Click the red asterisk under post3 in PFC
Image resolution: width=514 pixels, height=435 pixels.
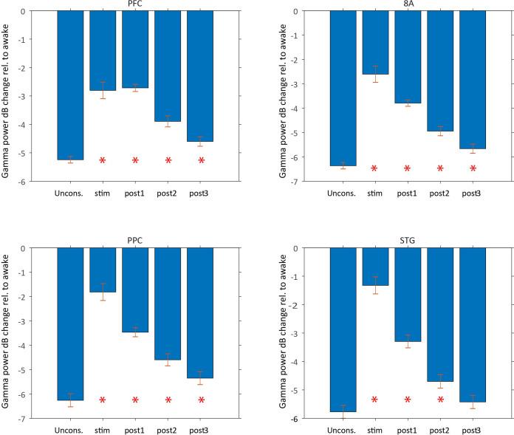[200, 160]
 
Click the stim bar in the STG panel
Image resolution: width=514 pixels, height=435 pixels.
[375, 267]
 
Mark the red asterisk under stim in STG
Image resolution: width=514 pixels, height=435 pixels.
[375, 400]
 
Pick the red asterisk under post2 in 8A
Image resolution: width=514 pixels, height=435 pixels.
[440, 168]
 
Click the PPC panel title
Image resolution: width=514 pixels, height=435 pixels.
[135, 241]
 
